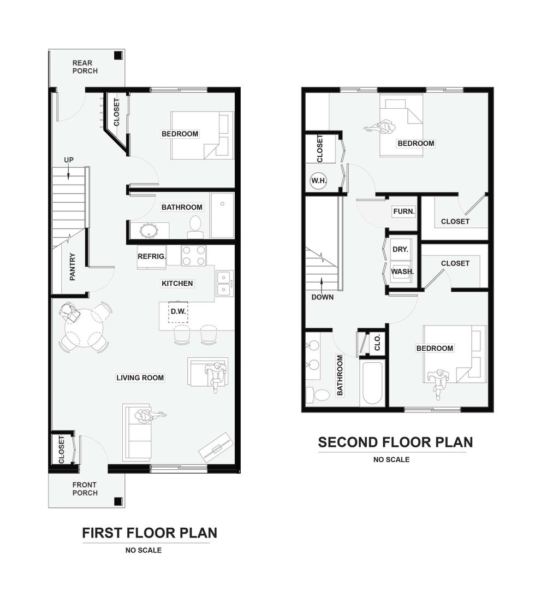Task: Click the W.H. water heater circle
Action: [x=318, y=181]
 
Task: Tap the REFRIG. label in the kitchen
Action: [x=152, y=257]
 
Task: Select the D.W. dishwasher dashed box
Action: [x=178, y=311]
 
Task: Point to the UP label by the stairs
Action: [x=69, y=160]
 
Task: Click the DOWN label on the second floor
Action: [x=322, y=297]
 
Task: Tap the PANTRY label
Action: [x=73, y=267]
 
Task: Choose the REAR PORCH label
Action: [x=85, y=67]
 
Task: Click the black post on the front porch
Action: [x=118, y=501]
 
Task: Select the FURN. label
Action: [x=404, y=211]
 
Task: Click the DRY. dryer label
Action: [x=400, y=250]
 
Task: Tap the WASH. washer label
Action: [x=402, y=272]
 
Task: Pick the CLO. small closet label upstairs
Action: [x=377, y=343]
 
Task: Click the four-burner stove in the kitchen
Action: [x=194, y=256]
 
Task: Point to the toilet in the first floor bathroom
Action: [x=195, y=227]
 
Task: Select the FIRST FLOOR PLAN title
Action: [x=150, y=533]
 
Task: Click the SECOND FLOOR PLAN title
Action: [x=395, y=442]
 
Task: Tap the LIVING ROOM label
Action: [x=140, y=378]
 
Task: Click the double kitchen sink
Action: [x=224, y=284]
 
